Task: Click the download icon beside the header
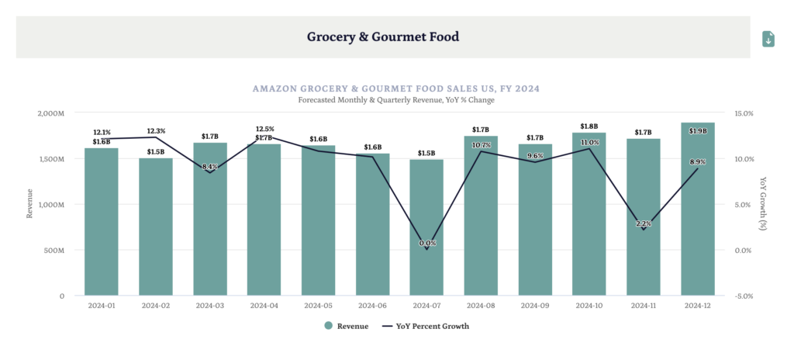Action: coord(768,39)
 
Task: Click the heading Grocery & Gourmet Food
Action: coord(383,36)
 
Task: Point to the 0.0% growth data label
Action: coord(427,243)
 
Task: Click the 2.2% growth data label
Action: coord(644,224)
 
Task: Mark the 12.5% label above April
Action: coord(264,129)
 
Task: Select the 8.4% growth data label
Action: coord(209,167)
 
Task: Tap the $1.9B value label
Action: coord(698,131)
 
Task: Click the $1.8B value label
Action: coord(589,126)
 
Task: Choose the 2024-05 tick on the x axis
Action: coord(318,306)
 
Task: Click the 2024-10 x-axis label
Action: coord(589,306)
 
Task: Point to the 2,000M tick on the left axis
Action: coord(50,113)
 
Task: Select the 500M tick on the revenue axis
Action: coord(53,251)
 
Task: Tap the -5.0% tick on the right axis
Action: coord(744,296)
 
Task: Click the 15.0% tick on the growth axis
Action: coord(744,113)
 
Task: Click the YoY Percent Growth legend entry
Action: coord(426,326)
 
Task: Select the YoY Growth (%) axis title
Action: coord(764,205)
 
